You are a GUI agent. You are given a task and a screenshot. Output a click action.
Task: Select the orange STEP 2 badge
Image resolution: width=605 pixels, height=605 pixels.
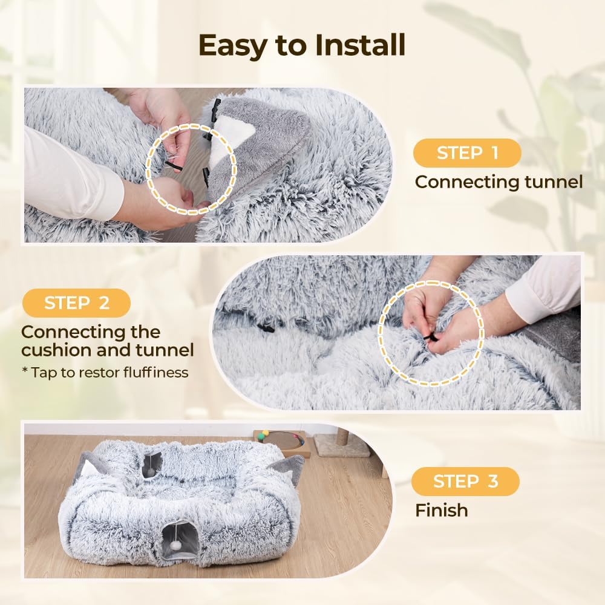76,303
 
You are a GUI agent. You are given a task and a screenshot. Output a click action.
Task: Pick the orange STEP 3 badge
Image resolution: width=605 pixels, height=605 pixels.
465,482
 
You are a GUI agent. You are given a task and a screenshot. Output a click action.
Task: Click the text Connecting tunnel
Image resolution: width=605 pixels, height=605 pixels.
499,181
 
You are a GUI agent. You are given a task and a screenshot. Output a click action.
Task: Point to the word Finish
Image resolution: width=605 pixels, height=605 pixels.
442,510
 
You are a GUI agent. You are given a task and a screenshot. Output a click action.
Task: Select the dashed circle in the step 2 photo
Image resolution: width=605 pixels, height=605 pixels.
431,334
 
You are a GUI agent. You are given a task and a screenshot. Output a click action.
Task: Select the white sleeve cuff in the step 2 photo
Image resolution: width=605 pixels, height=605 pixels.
540,290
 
